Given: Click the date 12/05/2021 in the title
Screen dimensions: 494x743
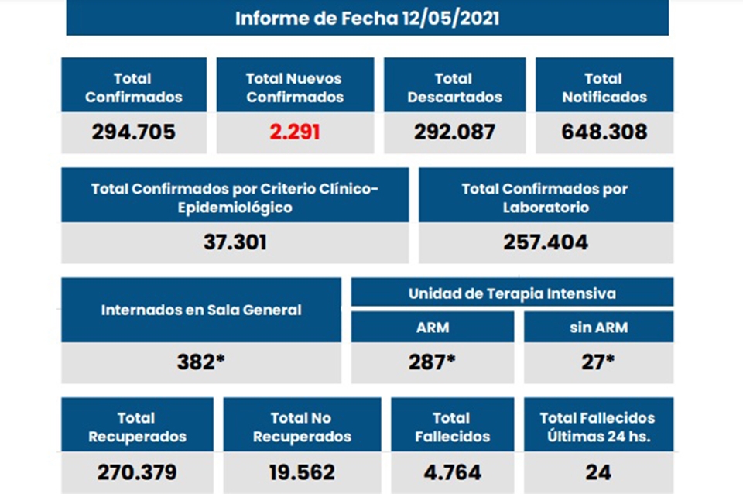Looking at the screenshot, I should point(450,19).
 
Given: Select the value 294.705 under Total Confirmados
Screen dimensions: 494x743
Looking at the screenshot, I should point(134,132).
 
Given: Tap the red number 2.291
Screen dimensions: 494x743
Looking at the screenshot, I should point(294,132).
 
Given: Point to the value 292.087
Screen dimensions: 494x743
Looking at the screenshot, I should point(454,132).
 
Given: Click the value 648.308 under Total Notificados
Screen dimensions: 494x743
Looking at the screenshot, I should point(604,132).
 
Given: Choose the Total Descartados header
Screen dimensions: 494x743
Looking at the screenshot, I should point(454,87).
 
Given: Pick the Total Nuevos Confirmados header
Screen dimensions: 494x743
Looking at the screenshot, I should point(294,87).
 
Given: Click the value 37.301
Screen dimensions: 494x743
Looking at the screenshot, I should point(235,242).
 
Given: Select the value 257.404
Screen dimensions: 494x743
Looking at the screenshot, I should point(546,242).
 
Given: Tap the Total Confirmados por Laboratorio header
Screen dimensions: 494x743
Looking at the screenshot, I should point(546,197).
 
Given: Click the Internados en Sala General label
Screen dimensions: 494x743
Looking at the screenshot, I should point(201,310).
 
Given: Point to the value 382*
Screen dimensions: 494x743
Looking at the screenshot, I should point(201,361).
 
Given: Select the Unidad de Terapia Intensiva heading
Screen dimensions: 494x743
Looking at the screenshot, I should point(512,293).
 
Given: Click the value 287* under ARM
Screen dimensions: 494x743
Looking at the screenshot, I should point(432,361).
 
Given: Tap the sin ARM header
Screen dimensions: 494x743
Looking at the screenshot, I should point(598,328).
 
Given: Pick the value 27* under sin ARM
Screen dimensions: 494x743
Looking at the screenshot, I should point(598,361).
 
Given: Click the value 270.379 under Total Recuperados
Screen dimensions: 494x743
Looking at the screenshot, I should point(137,472).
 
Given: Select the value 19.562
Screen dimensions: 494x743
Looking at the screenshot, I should point(302,472).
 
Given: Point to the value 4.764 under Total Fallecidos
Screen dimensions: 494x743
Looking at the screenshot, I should point(452,472).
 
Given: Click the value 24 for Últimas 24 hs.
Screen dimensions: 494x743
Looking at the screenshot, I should point(598,472).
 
